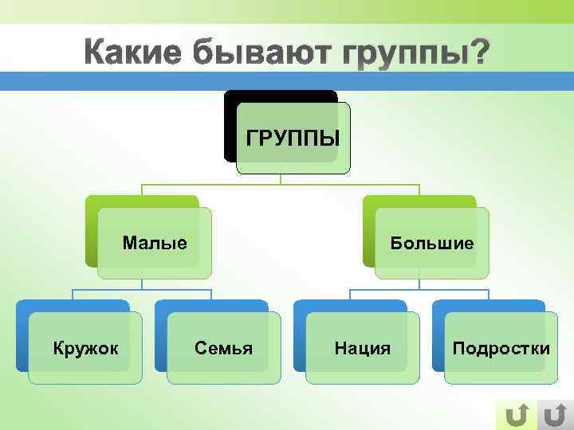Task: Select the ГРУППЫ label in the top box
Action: (x=293, y=138)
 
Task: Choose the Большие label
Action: (x=431, y=242)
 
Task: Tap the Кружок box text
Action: (x=85, y=348)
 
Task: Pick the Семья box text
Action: (x=223, y=348)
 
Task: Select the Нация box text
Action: (x=362, y=348)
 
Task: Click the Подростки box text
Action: (x=501, y=348)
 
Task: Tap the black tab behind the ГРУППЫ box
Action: (x=279, y=96)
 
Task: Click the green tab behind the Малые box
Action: (x=136, y=201)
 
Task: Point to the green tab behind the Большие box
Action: (x=415, y=201)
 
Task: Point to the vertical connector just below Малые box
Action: (x=143, y=283)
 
